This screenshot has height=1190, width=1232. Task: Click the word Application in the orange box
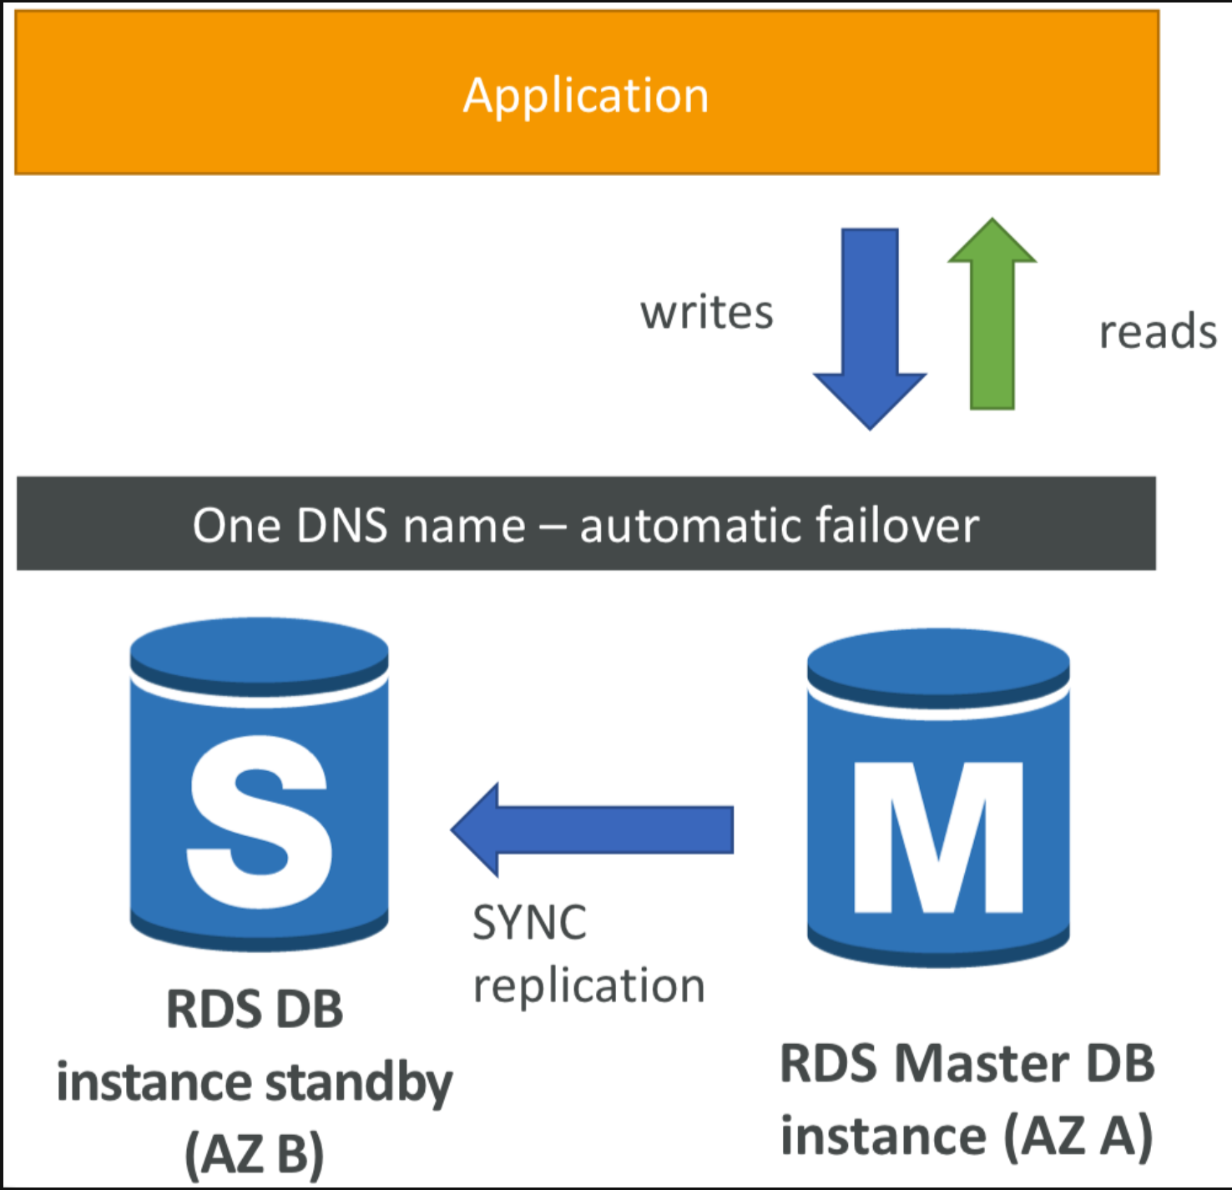(x=586, y=97)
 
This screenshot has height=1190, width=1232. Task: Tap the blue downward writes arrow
(x=869, y=329)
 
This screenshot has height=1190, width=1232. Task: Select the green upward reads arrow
(x=992, y=314)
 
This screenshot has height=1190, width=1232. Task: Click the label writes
(x=706, y=313)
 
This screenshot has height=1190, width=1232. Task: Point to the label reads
(x=1158, y=331)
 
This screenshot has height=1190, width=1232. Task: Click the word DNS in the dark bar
(x=341, y=526)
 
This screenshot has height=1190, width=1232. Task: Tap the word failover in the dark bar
(x=897, y=525)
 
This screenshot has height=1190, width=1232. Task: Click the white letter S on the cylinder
(x=259, y=822)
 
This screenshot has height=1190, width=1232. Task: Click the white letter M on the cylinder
(x=938, y=838)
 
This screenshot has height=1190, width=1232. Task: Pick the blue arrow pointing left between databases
(x=592, y=829)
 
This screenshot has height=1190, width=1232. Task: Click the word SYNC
(x=529, y=922)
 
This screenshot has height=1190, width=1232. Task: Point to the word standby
(x=359, y=1084)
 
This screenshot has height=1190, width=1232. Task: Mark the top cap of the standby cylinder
(x=259, y=657)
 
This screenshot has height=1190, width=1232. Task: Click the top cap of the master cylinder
(x=938, y=668)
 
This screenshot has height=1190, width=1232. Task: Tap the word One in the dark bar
(x=237, y=526)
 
